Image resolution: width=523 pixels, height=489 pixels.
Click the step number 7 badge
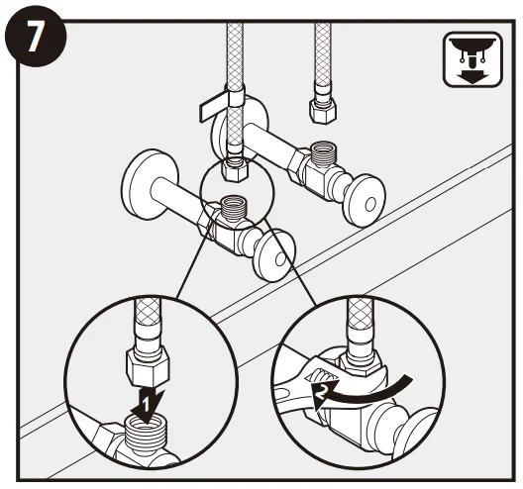pos(36,36)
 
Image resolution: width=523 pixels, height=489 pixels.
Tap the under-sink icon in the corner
pos(472,59)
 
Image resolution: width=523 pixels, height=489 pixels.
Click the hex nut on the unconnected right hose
pos(322,111)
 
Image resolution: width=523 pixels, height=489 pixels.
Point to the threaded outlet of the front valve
pos(234,207)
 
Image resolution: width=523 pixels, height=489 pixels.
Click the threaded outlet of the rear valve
pos(324,152)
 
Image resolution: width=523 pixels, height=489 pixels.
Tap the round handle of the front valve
pos(274,254)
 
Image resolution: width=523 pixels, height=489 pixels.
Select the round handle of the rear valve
pos(365,201)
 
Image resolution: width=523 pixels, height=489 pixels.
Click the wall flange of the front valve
pos(150,184)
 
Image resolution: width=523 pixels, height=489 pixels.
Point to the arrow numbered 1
pos(147,404)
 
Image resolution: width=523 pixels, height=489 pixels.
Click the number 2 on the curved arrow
pos(320,392)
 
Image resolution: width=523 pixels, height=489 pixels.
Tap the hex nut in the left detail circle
pos(149,366)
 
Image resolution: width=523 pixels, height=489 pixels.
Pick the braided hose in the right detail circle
pos(361,314)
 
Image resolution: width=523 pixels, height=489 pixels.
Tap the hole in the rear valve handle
pos(370,204)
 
